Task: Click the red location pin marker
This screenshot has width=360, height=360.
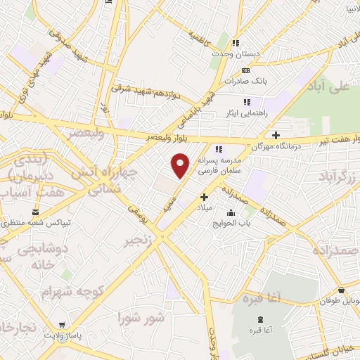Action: [181, 165]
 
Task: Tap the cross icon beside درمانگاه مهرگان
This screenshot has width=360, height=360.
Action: [276, 135]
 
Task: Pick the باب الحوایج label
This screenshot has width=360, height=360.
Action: [231, 225]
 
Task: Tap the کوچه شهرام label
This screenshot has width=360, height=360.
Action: [72, 290]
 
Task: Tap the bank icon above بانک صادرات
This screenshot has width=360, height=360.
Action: [245, 70]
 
